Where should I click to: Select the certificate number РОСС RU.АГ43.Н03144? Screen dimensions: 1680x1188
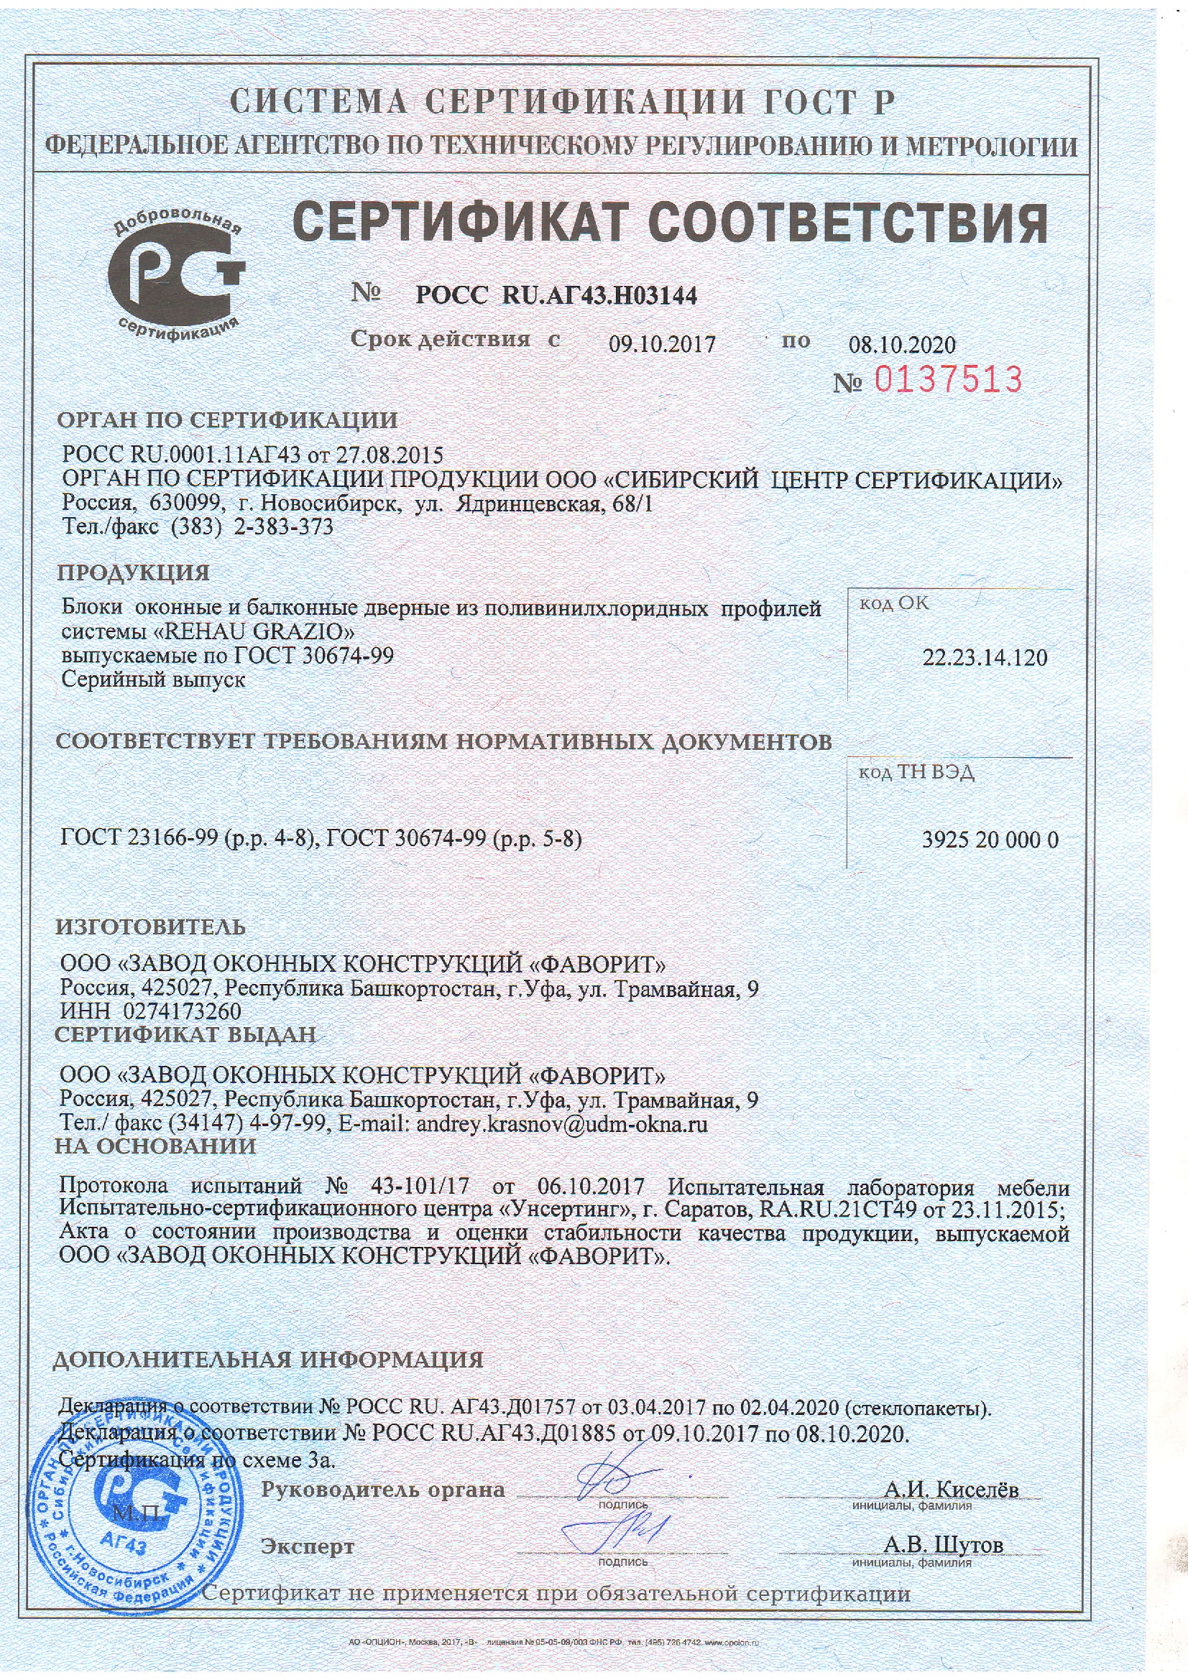[556, 295]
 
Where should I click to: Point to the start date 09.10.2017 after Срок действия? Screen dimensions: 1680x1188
[662, 344]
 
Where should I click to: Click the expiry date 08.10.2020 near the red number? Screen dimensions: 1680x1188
[902, 345]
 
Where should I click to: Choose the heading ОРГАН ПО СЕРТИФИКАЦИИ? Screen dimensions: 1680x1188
[228, 420]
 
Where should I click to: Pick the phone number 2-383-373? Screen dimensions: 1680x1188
[282, 526]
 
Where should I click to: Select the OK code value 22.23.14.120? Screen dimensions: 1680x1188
[985, 657]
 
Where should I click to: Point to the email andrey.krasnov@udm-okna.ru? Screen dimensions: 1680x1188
[561, 1125]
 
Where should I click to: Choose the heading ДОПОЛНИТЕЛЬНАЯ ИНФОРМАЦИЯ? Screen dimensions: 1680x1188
[268, 1360]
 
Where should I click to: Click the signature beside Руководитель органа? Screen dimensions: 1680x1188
[615, 1470]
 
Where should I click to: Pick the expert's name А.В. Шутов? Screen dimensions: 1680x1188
[944, 1545]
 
